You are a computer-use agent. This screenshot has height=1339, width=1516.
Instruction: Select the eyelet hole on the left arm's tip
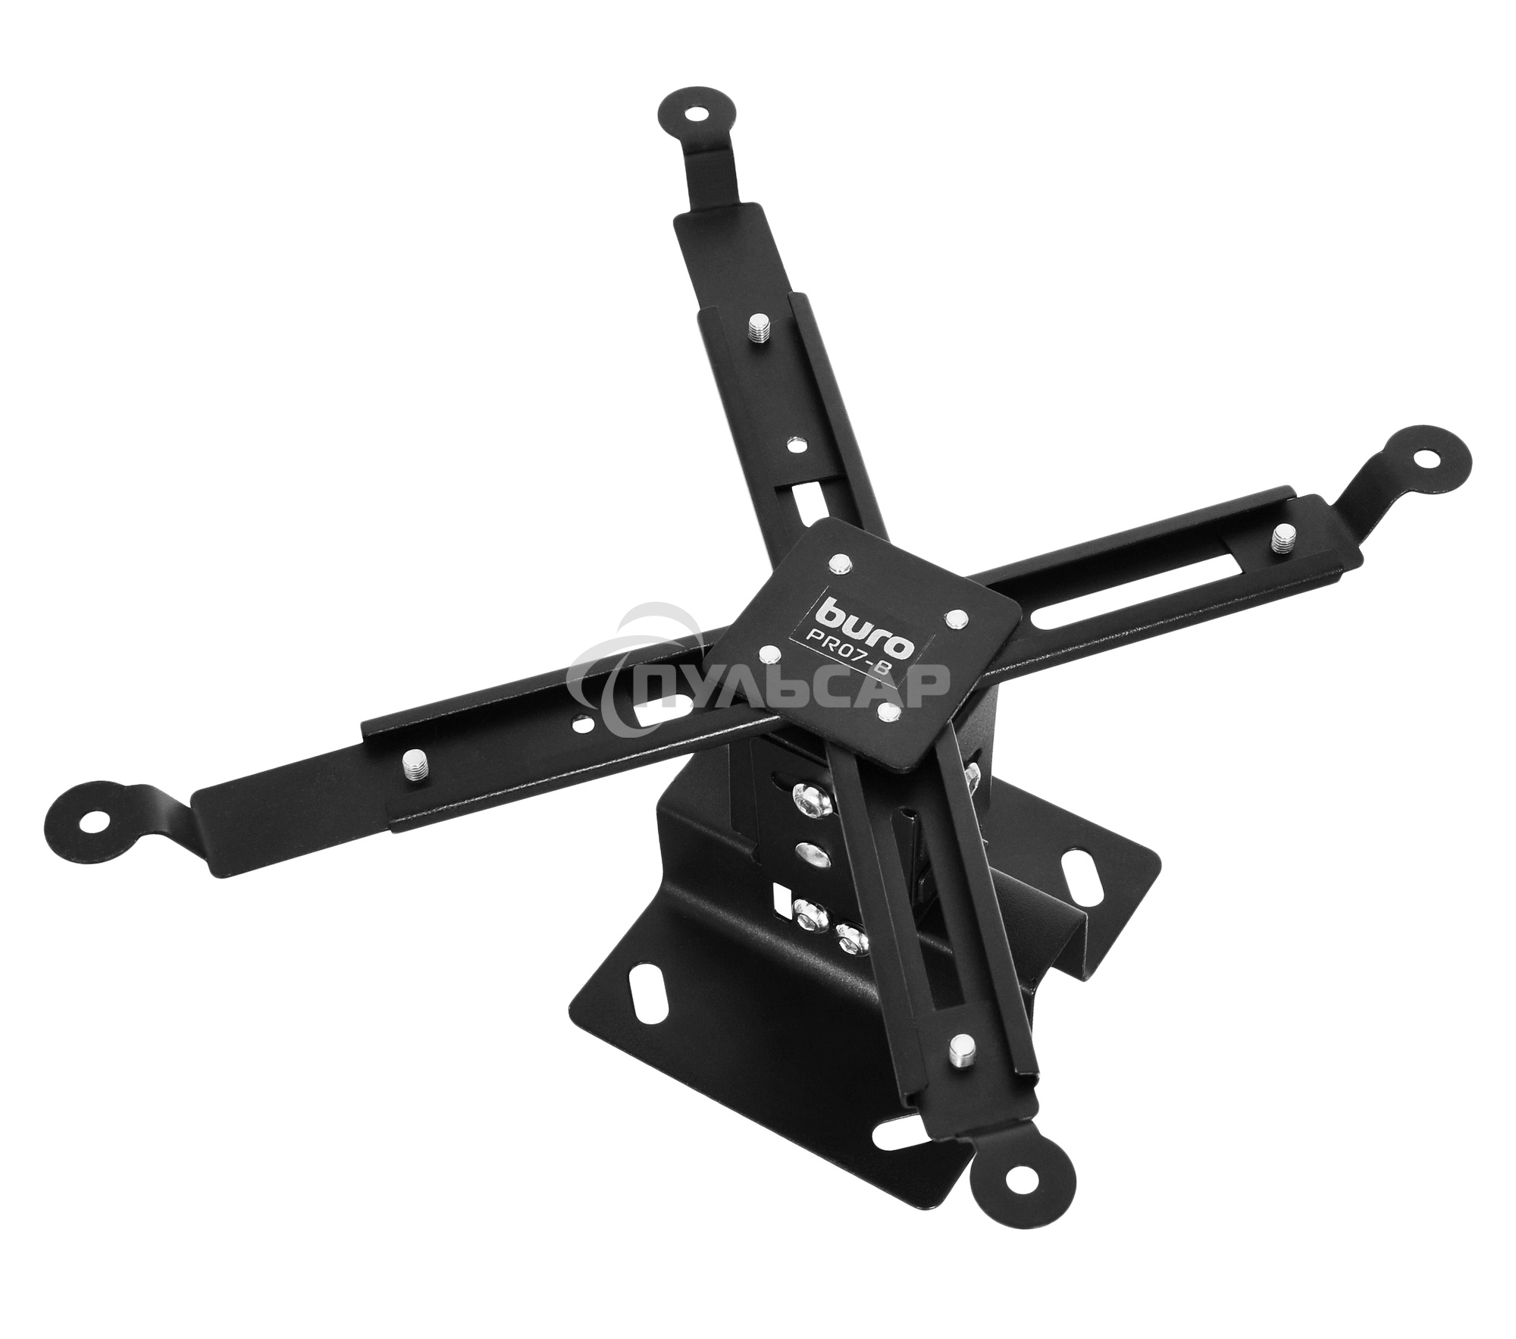coord(93,820)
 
